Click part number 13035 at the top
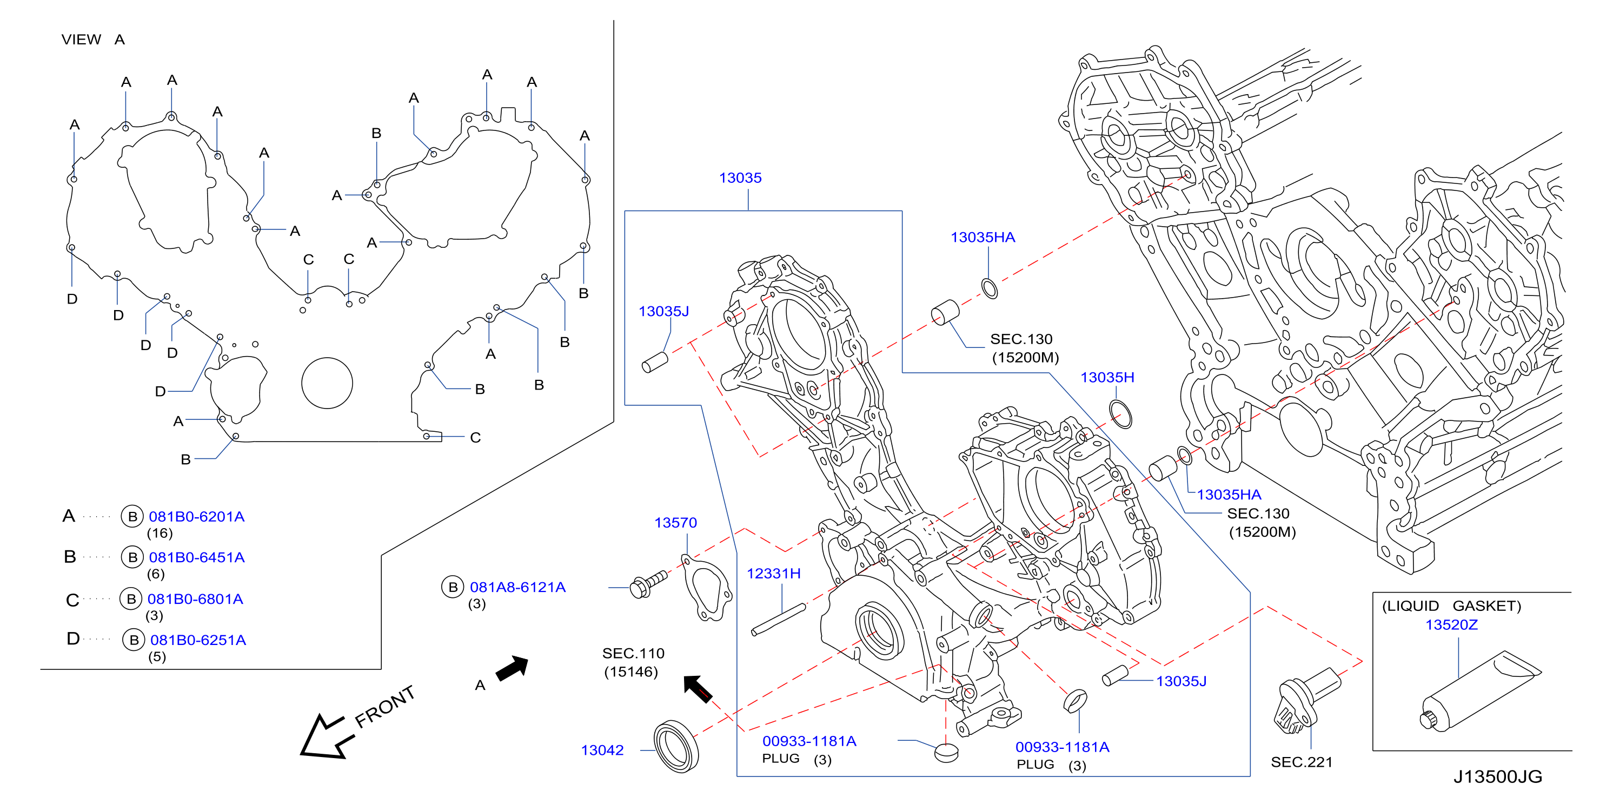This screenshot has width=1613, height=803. [740, 178]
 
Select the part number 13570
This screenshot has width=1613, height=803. [675, 522]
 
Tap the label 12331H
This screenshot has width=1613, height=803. [773, 573]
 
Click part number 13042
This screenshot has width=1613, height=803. [602, 750]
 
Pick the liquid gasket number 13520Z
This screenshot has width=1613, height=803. [1451, 624]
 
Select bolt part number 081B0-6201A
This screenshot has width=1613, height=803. [197, 517]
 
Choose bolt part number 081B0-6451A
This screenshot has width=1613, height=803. [197, 557]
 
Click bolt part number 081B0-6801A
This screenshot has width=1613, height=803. [195, 599]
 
